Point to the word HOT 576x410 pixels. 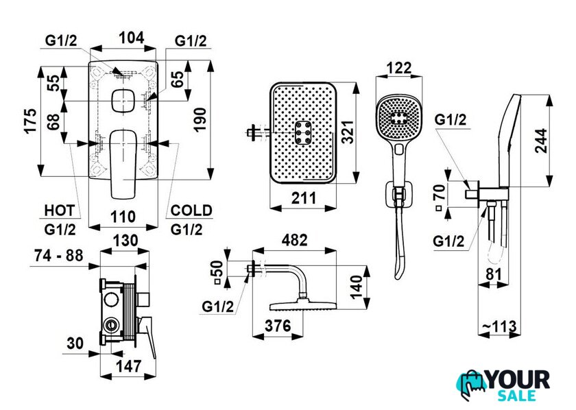click(x=59, y=210)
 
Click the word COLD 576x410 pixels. click(x=191, y=210)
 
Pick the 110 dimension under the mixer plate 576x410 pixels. click(x=124, y=217)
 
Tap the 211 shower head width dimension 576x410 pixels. click(x=304, y=199)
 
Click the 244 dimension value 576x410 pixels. click(x=540, y=141)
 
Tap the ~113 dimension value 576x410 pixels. click(x=502, y=328)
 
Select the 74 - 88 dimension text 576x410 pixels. click(x=59, y=255)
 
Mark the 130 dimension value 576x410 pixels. click(x=125, y=241)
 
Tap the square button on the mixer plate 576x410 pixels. click(x=124, y=102)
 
